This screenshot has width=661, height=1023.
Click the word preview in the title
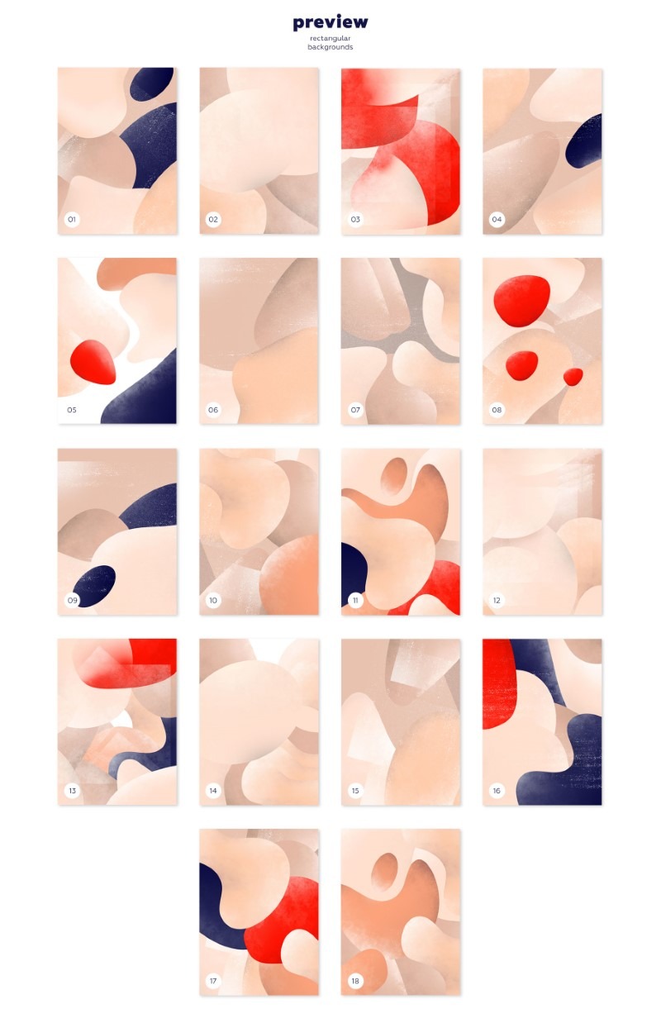(x=330, y=22)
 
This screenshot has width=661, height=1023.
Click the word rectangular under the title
(x=330, y=38)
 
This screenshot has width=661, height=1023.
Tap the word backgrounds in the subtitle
(x=330, y=47)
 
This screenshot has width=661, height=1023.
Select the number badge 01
(x=72, y=219)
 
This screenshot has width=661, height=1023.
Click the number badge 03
(x=355, y=219)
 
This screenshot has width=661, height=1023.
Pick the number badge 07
(x=355, y=410)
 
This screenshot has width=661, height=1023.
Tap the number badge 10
(x=213, y=600)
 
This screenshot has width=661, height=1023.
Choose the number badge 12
(x=497, y=600)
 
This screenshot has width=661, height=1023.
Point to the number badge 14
(x=213, y=791)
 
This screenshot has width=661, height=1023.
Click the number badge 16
(x=497, y=791)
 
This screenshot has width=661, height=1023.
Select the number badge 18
(x=355, y=981)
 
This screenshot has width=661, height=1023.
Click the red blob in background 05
(x=93, y=362)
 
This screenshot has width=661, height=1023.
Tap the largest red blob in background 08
(x=521, y=301)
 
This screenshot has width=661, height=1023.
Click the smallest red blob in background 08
(x=573, y=377)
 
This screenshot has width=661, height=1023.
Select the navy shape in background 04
(x=586, y=142)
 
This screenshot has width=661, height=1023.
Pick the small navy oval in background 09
(x=94, y=586)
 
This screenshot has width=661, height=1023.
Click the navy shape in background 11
(x=353, y=573)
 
